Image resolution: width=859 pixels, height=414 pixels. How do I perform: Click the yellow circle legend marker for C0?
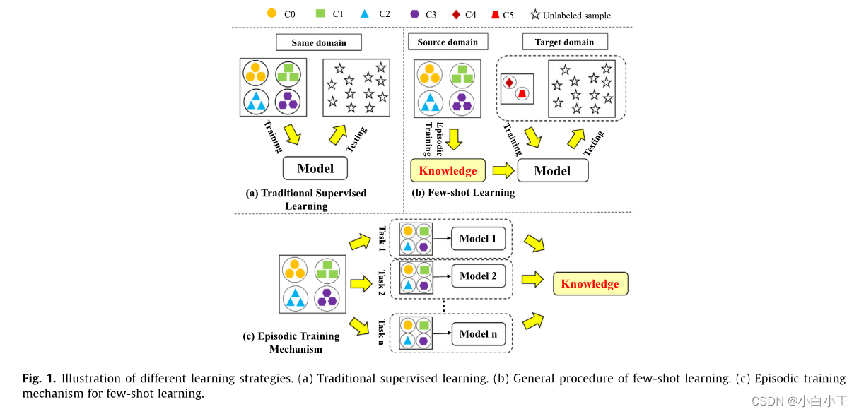pyautogui.click(x=271, y=13)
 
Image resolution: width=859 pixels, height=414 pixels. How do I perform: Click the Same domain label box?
pyautogui.click(x=318, y=42)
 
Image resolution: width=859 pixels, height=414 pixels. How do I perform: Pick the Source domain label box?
pyautogui.click(x=447, y=42)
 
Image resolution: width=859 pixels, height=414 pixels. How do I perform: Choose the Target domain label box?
pyautogui.click(x=564, y=42)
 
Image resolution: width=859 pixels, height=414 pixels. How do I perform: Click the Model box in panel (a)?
pyautogui.click(x=315, y=168)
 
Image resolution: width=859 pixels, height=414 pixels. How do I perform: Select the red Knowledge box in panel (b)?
pyautogui.click(x=448, y=170)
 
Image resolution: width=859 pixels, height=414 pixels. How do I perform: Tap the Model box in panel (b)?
pyautogui.click(x=552, y=171)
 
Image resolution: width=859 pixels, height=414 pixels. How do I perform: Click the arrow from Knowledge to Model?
pyautogui.click(x=502, y=170)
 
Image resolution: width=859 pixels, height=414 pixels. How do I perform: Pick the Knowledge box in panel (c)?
pyautogui.click(x=590, y=284)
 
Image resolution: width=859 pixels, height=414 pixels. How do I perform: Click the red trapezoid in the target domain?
pyautogui.click(x=522, y=94)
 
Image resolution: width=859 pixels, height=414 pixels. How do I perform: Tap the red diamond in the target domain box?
pyautogui.click(x=508, y=83)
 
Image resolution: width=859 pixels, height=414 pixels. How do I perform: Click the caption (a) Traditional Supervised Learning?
pyautogui.click(x=306, y=199)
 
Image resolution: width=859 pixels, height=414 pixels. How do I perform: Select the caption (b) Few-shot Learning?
pyautogui.click(x=463, y=192)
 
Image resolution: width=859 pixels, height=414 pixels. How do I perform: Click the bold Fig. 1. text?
pyautogui.click(x=38, y=378)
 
